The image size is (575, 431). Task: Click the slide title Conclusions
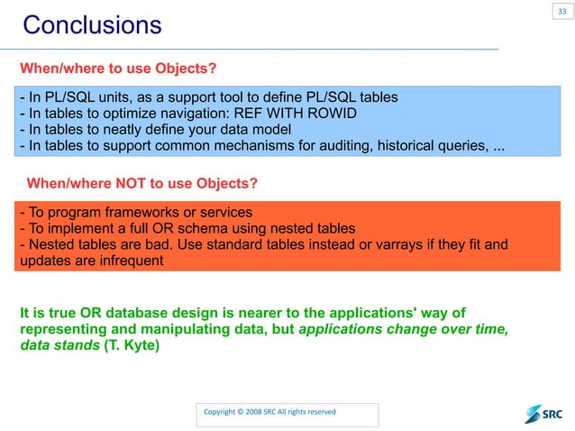click(92, 24)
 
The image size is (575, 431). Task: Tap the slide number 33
click(561, 11)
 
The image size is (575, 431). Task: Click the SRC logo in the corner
click(543, 413)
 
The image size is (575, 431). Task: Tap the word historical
click(399, 145)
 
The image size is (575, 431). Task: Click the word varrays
click(403, 244)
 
